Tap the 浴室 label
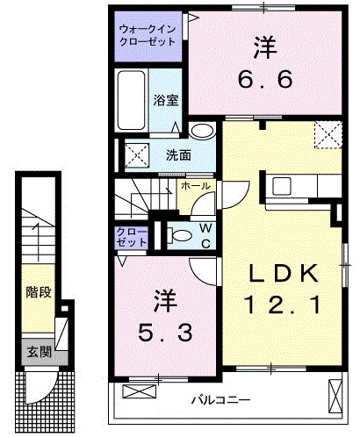pyautogui.click(x=167, y=100)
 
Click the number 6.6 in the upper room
pyautogui.click(x=261, y=80)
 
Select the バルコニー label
pyautogui.click(x=219, y=400)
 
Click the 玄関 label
pyautogui.click(x=38, y=352)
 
